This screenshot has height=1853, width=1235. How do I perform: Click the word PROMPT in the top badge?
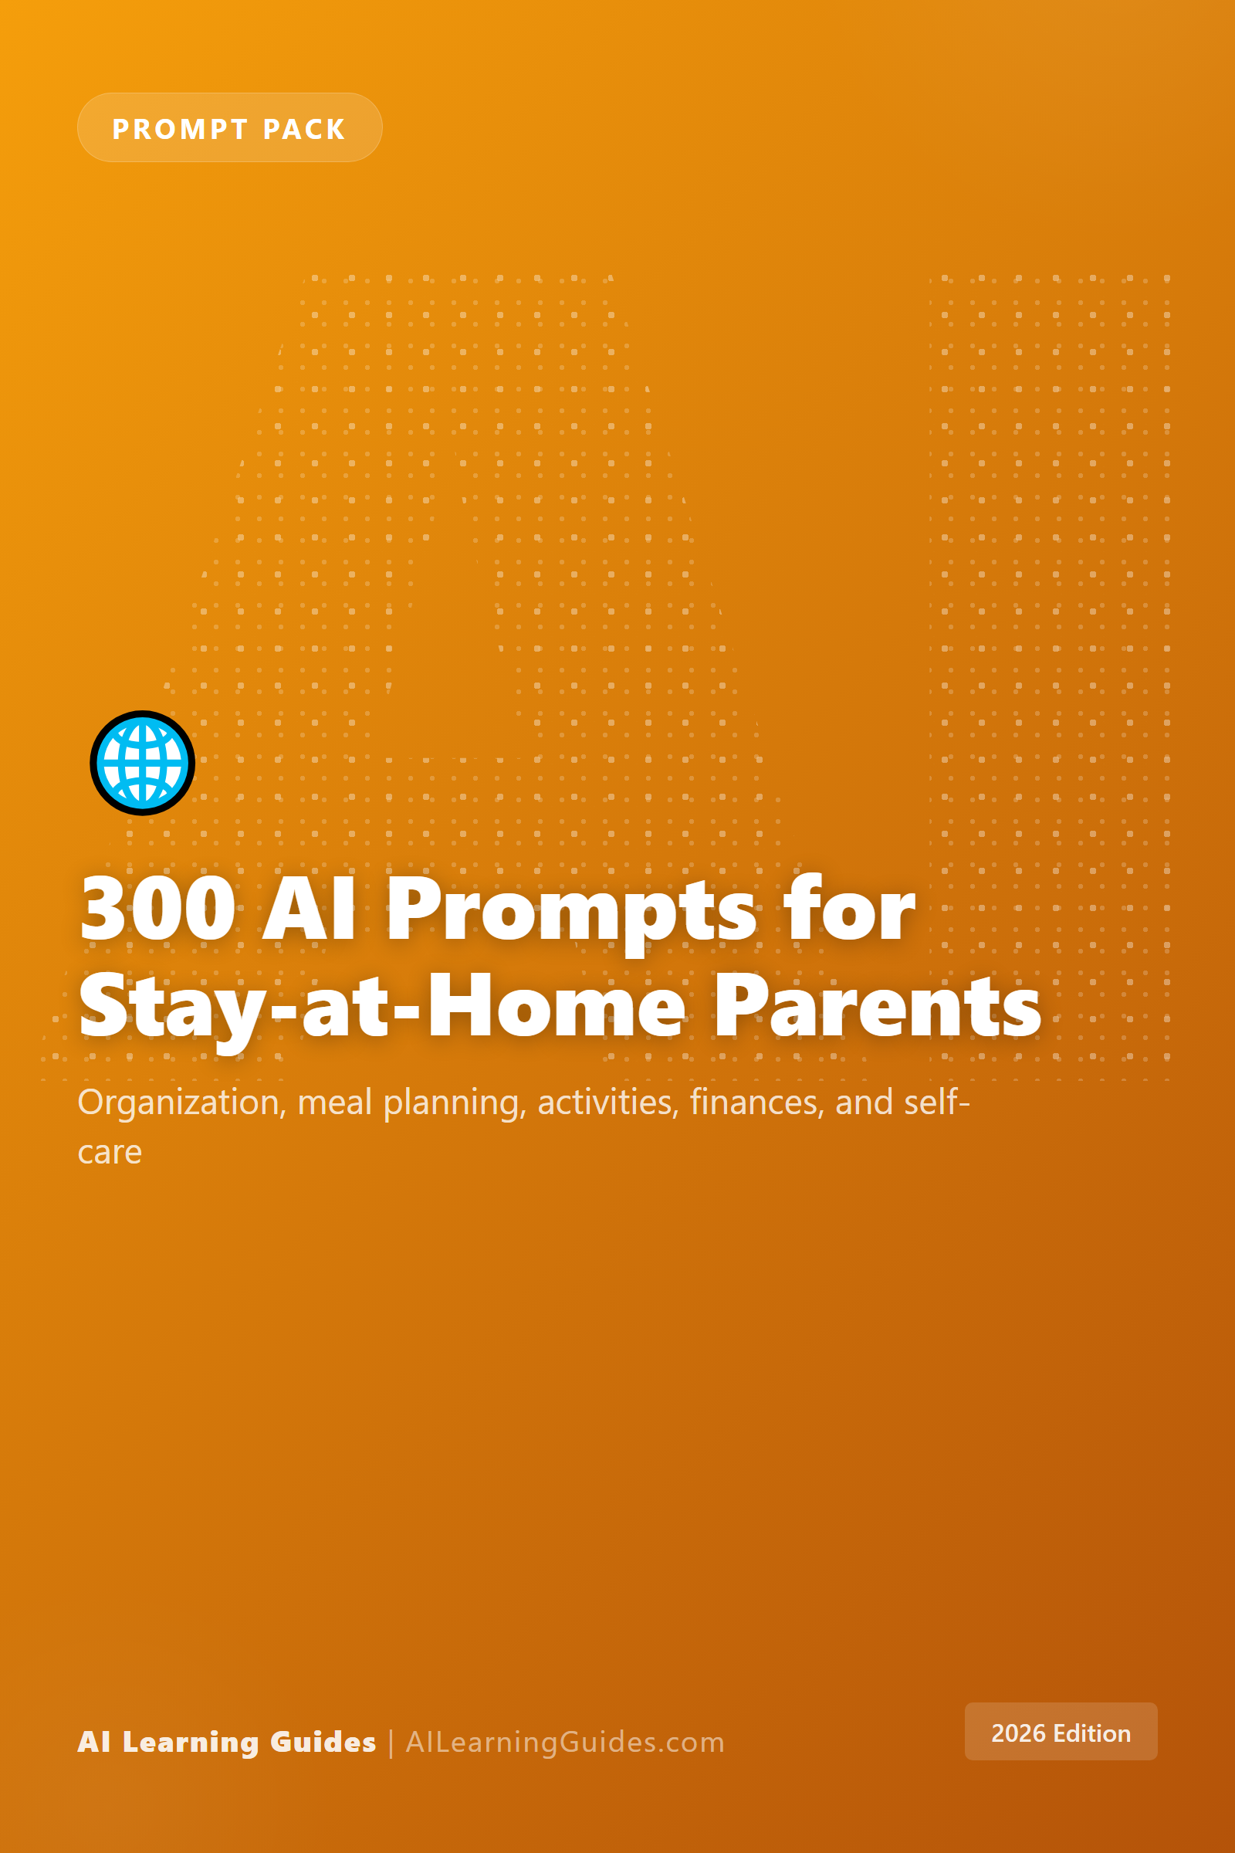(181, 128)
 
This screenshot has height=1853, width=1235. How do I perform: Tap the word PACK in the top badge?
(304, 128)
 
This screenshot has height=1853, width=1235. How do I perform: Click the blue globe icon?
(143, 763)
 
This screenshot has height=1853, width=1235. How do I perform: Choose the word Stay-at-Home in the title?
(383, 1008)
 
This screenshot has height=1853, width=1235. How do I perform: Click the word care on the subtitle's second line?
(110, 1153)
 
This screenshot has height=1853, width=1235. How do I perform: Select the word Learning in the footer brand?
(191, 1742)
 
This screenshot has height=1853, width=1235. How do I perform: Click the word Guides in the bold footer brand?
(323, 1742)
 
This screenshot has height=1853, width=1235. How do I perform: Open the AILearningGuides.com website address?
(565, 1742)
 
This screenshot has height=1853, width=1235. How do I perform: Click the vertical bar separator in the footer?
(391, 1743)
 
